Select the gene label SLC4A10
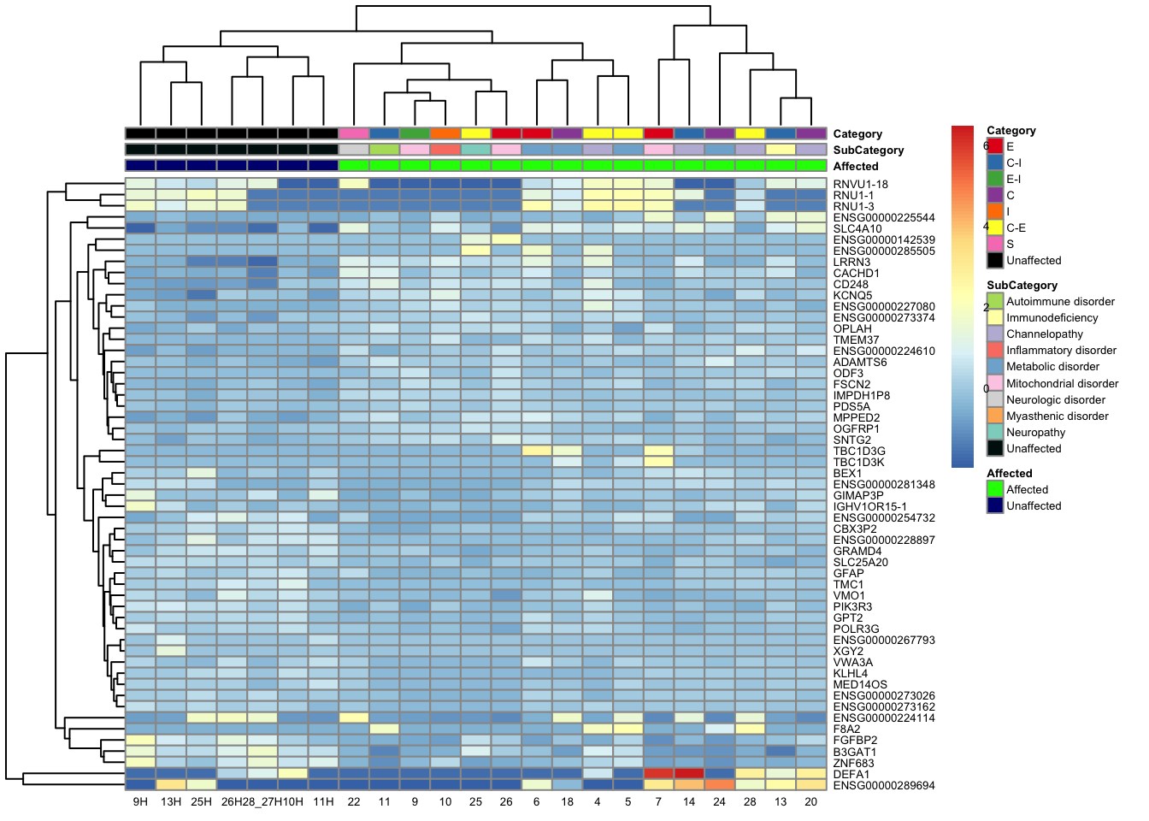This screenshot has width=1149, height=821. [x=857, y=229]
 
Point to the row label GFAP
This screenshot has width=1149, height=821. [x=848, y=574]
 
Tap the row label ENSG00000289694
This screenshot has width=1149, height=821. [x=884, y=785]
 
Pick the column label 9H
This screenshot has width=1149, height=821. [x=140, y=802]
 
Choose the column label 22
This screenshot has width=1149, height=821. [x=354, y=802]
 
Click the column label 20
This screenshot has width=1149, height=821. [x=811, y=802]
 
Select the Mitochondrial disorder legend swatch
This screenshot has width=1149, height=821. [x=995, y=383]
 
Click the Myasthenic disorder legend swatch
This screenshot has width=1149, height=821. [x=995, y=416]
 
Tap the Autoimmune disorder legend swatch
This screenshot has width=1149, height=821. [x=995, y=301]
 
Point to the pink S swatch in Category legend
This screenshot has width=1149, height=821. [x=995, y=244]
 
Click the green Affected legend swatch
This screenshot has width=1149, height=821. [x=995, y=489]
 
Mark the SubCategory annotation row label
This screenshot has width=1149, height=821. [x=869, y=151]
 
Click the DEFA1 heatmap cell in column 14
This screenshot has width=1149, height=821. [x=689, y=773]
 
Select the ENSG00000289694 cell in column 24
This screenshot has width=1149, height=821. [x=720, y=784]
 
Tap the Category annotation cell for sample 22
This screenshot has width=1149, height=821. [x=354, y=133]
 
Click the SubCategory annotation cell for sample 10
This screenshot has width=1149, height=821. [x=445, y=150]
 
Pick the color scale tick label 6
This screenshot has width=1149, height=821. [x=986, y=146]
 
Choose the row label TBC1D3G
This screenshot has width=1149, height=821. [x=859, y=452]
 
